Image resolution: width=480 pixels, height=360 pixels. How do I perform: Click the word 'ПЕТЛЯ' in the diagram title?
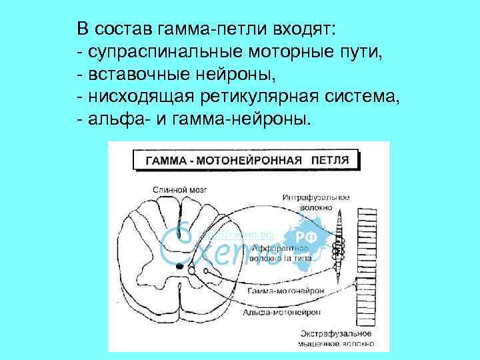point(331,161)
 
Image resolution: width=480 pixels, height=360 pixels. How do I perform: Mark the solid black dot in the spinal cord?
point(179,267)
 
